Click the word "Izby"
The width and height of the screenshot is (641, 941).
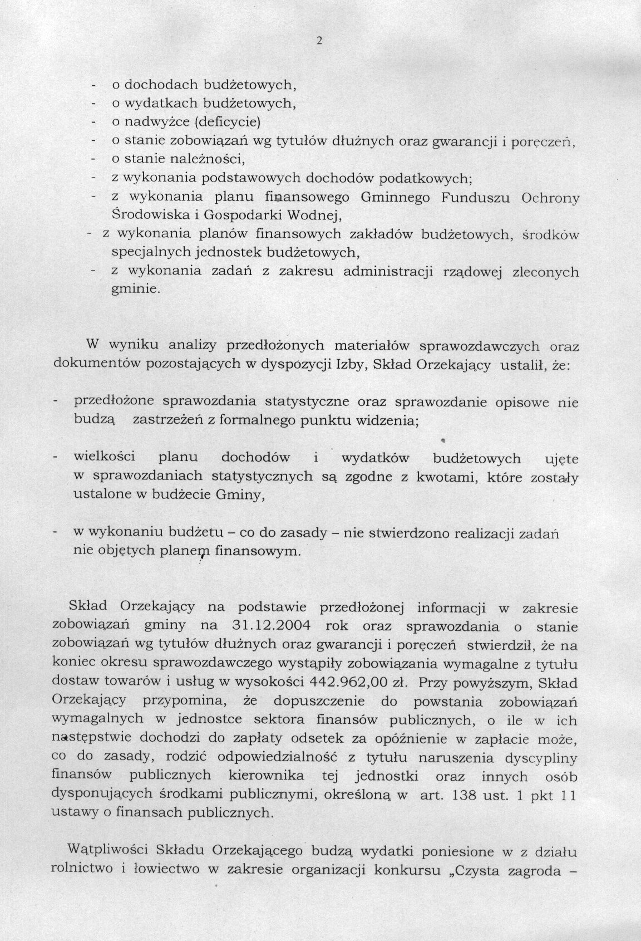pyautogui.click(x=350, y=366)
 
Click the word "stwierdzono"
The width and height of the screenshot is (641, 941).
pyautogui.click(x=402, y=533)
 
